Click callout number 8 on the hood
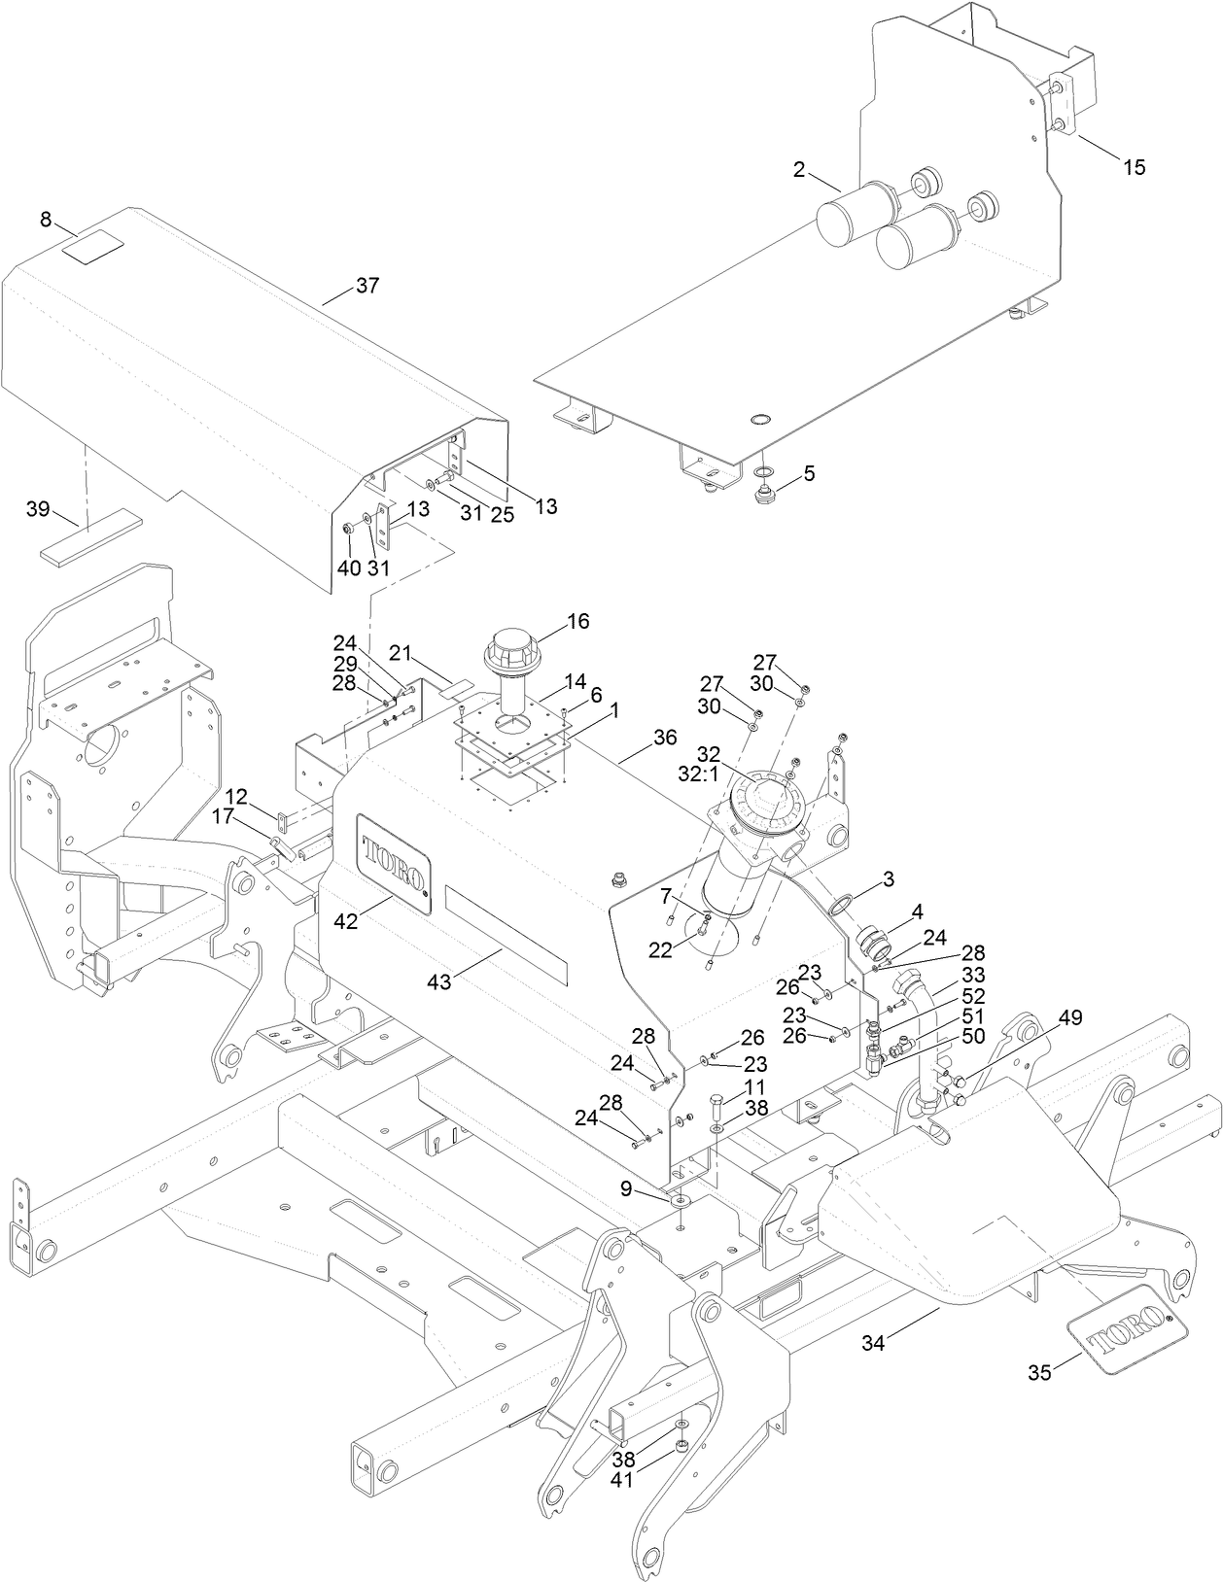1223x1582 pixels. (x=46, y=220)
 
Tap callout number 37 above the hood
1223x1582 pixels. (x=367, y=286)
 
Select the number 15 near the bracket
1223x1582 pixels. (x=1134, y=167)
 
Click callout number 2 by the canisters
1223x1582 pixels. (x=799, y=170)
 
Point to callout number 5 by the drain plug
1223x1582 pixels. (x=809, y=473)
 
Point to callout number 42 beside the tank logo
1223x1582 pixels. (x=345, y=920)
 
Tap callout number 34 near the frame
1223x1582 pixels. (x=874, y=1343)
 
